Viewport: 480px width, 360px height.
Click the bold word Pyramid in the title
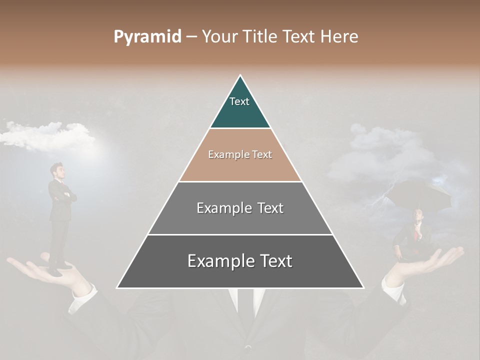point(147,36)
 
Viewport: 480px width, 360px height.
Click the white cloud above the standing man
point(47,135)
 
